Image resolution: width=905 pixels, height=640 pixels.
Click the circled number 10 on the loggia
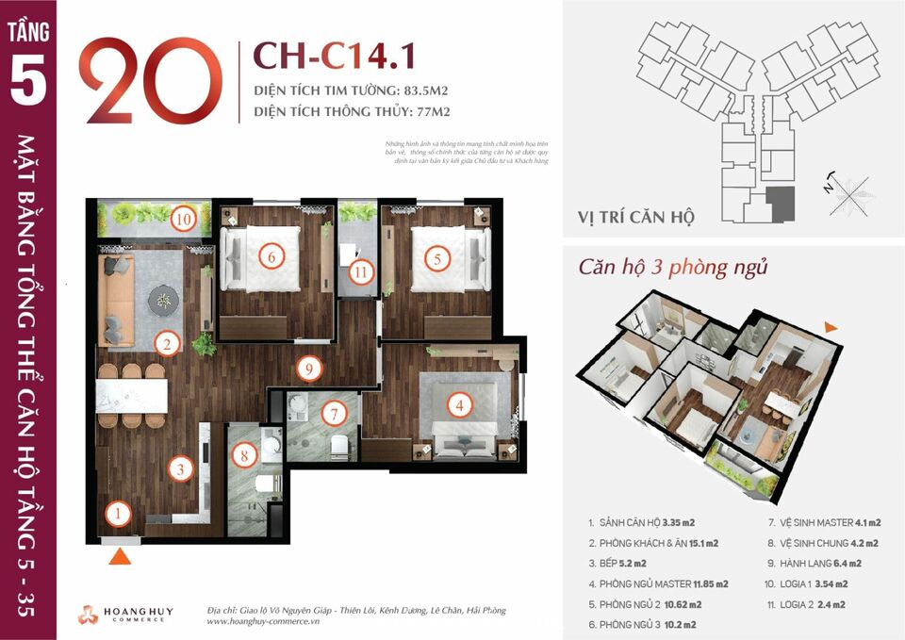click(x=184, y=220)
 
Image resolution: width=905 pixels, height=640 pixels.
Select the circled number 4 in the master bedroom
click(x=459, y=406)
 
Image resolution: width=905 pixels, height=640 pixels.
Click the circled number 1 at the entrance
click(x=117, y=514)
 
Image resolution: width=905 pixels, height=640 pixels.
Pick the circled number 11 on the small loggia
click(x=360, y=273)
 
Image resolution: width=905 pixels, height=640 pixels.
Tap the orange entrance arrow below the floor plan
click(x=118, y=557)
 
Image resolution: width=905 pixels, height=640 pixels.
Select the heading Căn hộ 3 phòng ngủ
click(x=672, y=267)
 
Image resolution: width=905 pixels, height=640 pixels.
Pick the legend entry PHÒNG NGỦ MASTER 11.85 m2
click(x=657, y=583)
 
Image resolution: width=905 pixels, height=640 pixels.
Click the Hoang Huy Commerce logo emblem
click(x=88, y=614)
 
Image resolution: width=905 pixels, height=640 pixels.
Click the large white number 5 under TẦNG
click(x=27, y=82)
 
